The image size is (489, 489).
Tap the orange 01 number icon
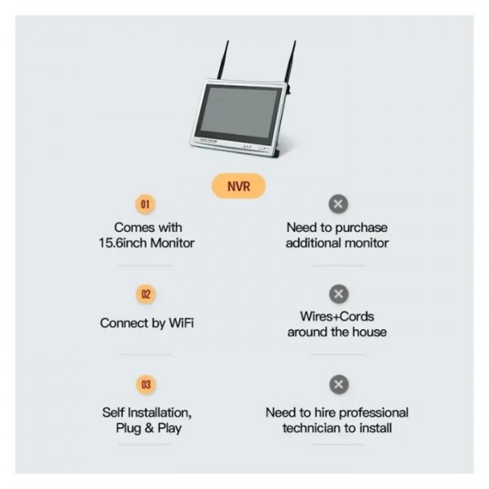point(147,204)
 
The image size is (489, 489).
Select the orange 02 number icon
point(147,294)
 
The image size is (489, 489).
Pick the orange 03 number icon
point(147,384)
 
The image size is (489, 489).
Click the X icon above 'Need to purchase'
point(337,204)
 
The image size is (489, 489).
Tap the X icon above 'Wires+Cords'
point(337,294)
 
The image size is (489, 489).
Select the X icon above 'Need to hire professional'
point(337,384)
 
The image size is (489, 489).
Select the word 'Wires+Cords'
point(337,316)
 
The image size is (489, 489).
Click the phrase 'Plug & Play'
point(148,428)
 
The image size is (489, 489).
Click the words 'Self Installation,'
point(148,412)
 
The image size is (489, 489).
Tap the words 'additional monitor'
point(337,243)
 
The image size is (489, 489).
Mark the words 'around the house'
point(337,332)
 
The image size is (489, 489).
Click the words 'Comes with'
point(148,227)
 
